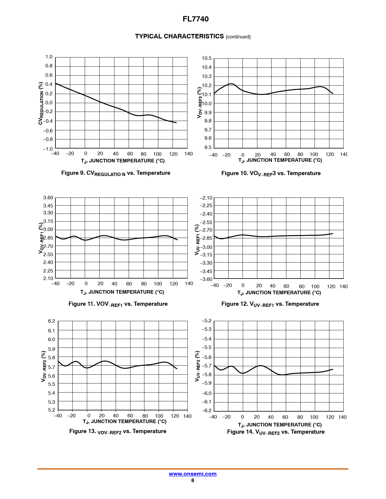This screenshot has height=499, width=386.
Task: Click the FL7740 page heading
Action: (196, 19)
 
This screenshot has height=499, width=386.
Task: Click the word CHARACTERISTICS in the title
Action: (193, 36)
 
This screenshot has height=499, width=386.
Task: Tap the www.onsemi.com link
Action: (193, 474)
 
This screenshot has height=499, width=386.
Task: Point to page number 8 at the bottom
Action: (193, 481)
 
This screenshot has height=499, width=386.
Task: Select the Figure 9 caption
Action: (116, 173)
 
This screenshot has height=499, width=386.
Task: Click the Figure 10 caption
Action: (271, 173)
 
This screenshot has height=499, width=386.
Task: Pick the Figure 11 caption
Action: (118, 304)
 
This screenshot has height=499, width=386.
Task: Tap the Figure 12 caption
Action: (270, 304)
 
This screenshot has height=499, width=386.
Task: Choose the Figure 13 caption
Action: (118, 431)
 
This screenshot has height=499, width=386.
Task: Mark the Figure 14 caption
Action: (276, 432)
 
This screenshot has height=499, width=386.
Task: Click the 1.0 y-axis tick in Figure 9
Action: (49, 57)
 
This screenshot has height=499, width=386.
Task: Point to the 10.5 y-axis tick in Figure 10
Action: (206, 58)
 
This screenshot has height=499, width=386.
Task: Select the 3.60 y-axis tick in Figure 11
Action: (48, 198)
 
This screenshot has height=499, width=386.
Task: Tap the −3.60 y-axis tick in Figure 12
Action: (206, 279)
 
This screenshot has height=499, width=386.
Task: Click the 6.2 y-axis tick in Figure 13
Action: (51, 321)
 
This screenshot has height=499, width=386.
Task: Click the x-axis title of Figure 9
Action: (123, 161)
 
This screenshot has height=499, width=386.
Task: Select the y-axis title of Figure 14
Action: (197, 366)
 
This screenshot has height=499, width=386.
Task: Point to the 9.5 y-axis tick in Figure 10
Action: (208, 148)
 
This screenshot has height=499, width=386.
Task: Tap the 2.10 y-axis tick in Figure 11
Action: (48, 278)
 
